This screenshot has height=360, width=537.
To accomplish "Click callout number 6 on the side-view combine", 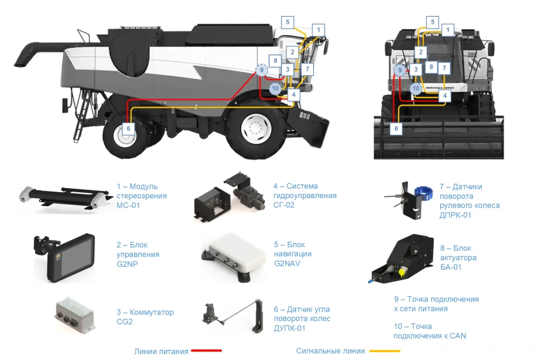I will [128, 127].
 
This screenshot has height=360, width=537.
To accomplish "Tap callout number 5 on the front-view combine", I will [433, 22].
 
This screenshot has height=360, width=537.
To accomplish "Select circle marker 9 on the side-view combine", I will [261, 70].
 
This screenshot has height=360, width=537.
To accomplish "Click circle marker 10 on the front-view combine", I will [416, 88].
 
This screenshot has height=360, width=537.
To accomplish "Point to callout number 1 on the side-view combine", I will [319, 30].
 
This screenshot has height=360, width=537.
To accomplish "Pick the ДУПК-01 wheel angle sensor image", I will [233, 315].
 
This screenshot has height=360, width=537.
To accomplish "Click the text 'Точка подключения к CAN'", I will [429, 331].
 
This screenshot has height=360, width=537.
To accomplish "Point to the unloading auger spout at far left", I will [24, 54].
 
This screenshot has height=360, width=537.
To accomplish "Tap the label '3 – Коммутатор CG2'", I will [145, 317].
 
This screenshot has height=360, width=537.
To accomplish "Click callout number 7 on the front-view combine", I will [444, 68].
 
